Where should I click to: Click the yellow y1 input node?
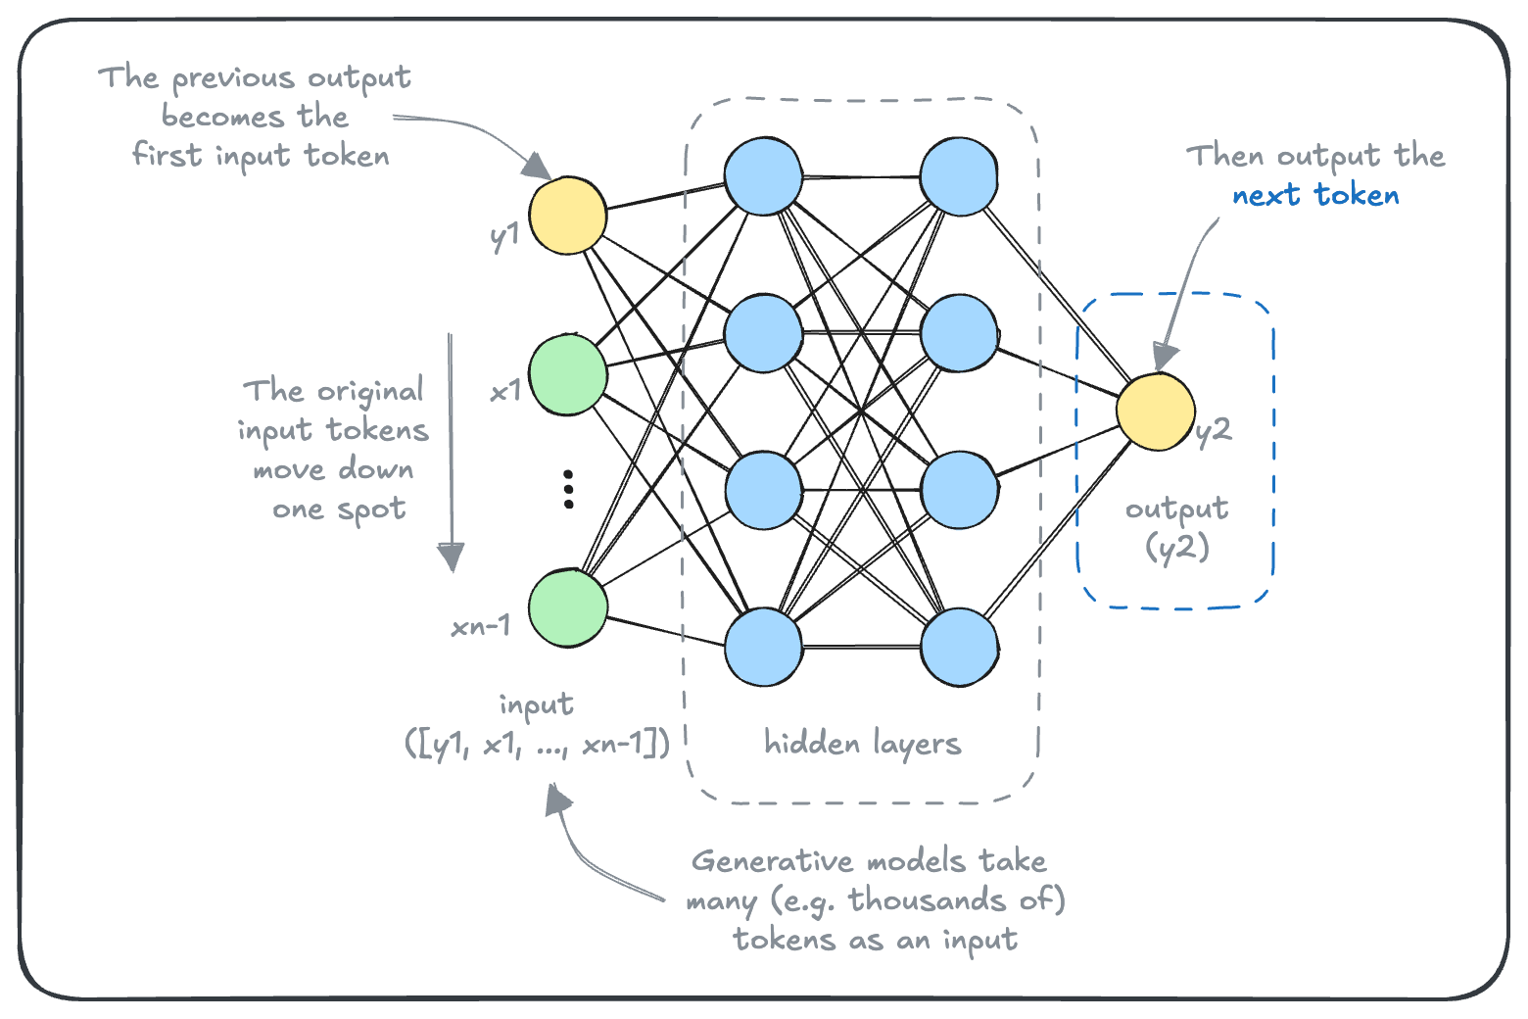coord(568,216)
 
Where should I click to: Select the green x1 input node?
coord(568,374)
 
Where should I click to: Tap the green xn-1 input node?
coord(568,607)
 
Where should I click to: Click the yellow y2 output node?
coord(1156,412)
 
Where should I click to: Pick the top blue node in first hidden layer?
coord(764,176)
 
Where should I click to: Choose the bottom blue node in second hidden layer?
coord(960,647)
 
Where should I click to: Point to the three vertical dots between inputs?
coord(568,489)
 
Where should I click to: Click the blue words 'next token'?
coord(1315,196)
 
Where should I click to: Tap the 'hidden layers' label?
coord(862,745)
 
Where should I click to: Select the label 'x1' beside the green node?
coord(505,392)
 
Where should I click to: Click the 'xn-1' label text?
coord(481,626)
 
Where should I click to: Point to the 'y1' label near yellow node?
coord(504,236)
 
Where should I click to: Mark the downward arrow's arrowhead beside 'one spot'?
coord(451,557)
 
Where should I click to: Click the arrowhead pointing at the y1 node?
coord(536,166)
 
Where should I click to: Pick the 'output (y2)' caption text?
coord(1176,527)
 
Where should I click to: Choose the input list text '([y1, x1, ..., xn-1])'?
coord(537,745)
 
